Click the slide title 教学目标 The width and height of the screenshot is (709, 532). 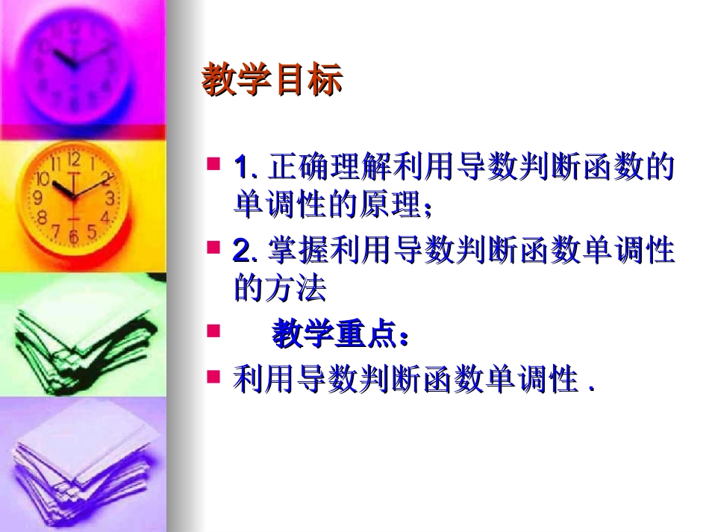(x=272, y=81)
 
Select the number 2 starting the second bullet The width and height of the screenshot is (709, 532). (x=241, y=251)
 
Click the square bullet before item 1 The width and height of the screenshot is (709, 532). (x=213, y=163)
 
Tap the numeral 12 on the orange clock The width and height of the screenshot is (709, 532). (x=74, y=159)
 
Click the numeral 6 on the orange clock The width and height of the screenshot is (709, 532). (x=73, y=237)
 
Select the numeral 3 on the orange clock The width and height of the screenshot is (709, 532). (x=109, y=198)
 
